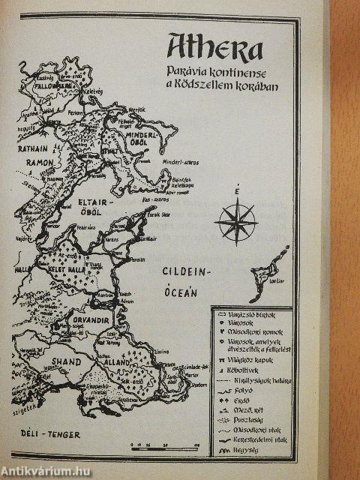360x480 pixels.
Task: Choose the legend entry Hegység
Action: click(x=253, y=449)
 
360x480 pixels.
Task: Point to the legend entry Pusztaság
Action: click(x=253, y=420)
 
